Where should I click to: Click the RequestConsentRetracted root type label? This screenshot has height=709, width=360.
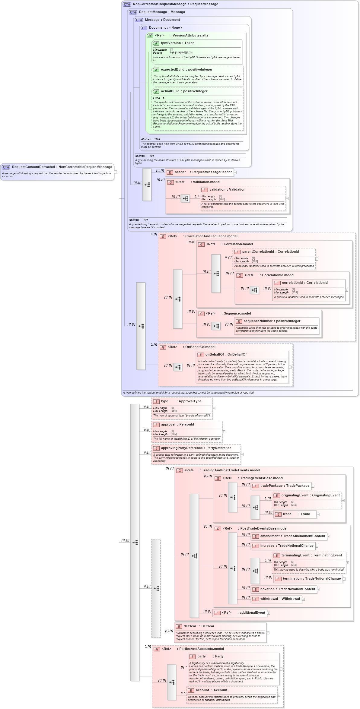point(62,167)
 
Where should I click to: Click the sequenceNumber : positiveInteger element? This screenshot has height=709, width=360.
point(272,321)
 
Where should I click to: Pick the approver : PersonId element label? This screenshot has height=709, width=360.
point(177,425)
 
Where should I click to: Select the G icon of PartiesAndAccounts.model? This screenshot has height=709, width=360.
point(157,649)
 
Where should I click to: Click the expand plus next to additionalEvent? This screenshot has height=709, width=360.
point(269,613)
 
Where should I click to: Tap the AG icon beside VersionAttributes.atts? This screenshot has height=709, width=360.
point(150,36)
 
